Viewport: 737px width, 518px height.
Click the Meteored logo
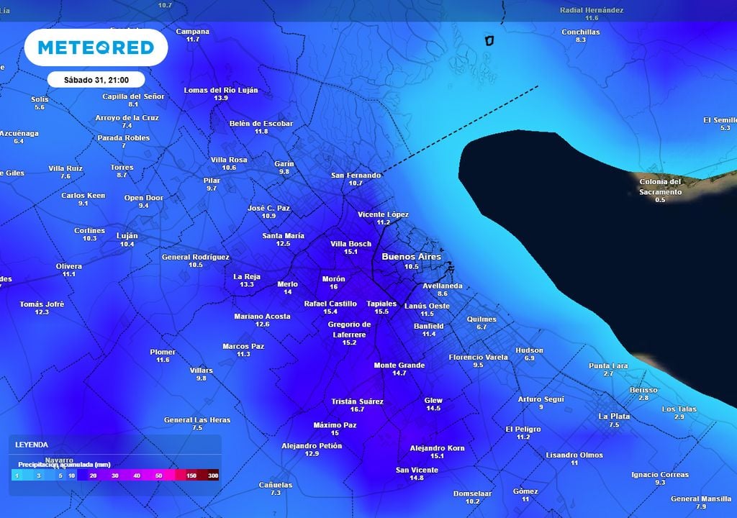[96, 47]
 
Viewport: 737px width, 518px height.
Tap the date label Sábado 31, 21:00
[96, 79]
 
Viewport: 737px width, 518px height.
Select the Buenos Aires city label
[411, 257]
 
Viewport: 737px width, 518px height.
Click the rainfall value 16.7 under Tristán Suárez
[357, 409]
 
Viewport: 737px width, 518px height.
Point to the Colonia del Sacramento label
[660, 186]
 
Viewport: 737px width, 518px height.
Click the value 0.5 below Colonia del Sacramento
[660, 200]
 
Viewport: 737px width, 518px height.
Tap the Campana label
[193, 32]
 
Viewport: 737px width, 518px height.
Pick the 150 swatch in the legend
[191, 476]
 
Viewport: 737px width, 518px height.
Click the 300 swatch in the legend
[212, 476]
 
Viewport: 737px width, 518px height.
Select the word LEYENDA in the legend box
[32, 445]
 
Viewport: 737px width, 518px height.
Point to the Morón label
[333, 279]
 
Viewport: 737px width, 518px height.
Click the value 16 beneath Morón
[333, 287]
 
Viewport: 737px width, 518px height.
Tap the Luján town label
[127, 236]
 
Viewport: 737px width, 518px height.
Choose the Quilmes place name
[481, 319]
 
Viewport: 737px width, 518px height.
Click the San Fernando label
[356, 176]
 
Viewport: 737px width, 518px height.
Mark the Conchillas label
[581, 32]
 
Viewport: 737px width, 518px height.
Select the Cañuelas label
[276, 485]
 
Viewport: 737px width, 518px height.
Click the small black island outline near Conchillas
[490, 40]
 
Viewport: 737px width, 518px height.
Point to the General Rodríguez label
[196, 257]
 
